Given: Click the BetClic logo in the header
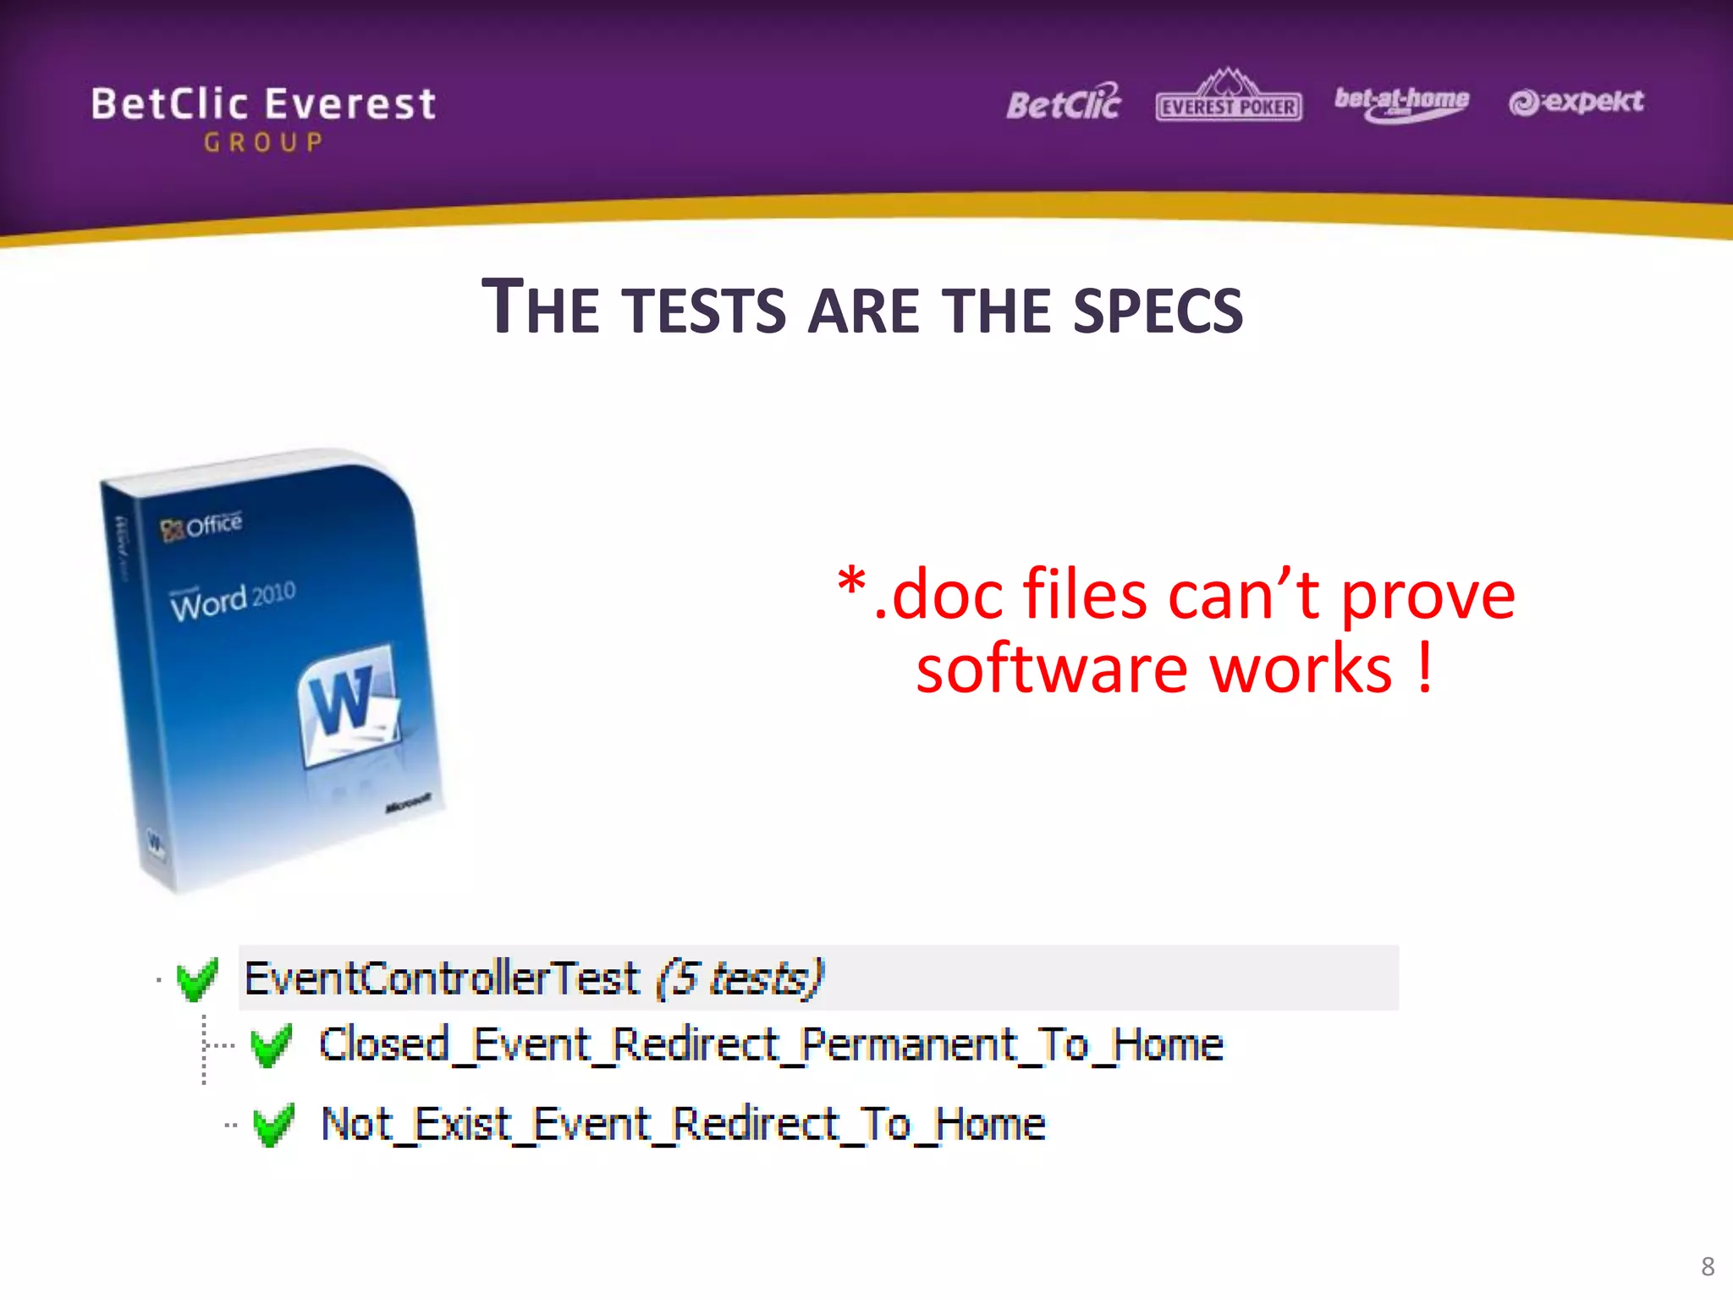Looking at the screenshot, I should tap(1063, 103).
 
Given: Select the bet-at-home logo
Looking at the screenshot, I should tap(1401, 103).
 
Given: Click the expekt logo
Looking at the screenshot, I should tap(1576, 102).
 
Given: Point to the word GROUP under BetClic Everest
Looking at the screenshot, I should tap(263, 142).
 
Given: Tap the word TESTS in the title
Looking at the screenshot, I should tap(707, 310).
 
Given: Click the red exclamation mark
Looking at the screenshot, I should tap(1425, 668).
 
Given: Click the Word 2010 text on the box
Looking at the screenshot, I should tap(233, 599).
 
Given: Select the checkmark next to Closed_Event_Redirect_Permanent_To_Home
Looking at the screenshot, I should tap(272, 1045).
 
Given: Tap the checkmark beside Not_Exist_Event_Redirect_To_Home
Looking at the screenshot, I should tap(273, 1125).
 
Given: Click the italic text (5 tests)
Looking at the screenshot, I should tap(740, 978).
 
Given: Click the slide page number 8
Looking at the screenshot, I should tap(1707, 1266).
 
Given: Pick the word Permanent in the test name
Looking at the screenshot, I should tap(908, 1044).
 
